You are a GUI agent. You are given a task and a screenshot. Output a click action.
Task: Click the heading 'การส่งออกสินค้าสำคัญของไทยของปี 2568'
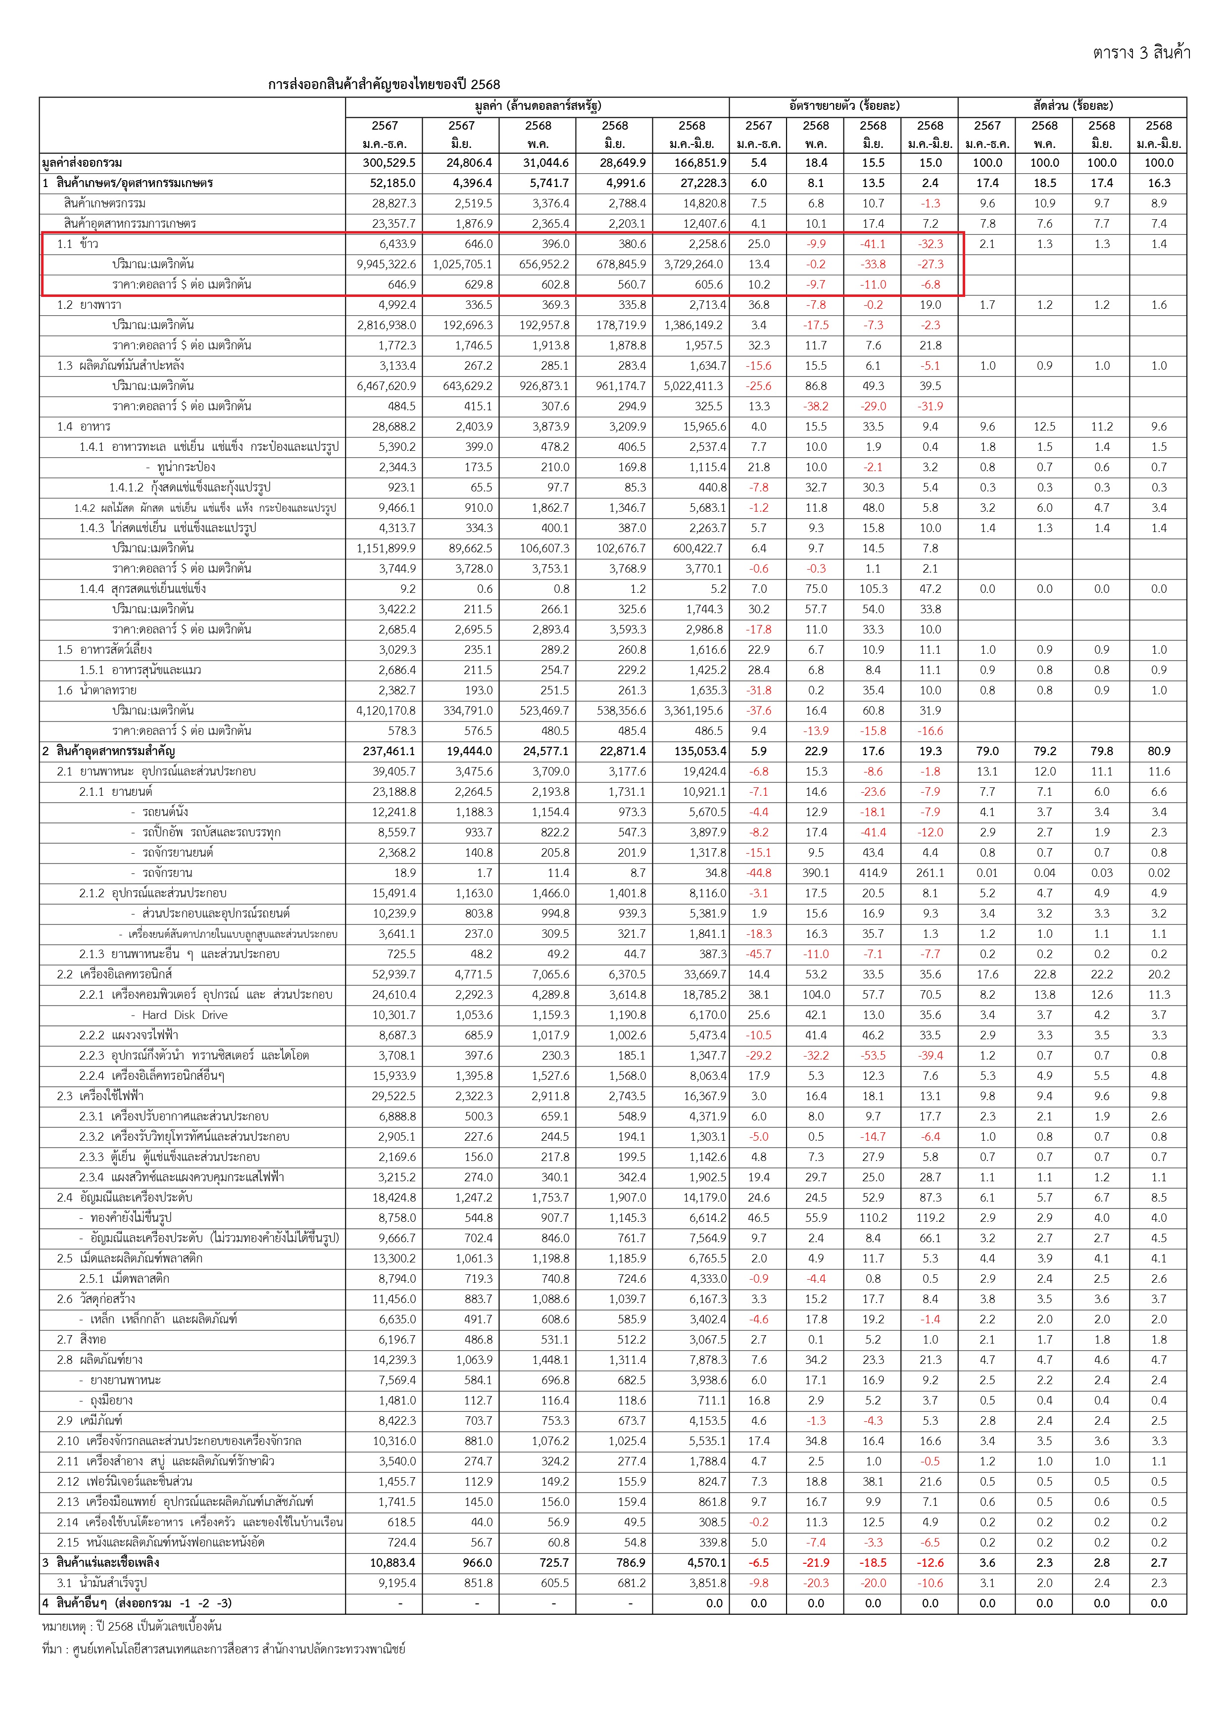coord(384,85)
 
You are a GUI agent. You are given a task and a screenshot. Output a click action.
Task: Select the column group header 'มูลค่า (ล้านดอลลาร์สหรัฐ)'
coord(538,106)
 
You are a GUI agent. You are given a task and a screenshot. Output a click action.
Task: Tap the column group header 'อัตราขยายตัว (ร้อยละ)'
coord(844,106)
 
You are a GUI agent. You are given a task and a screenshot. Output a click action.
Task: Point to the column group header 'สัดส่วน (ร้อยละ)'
coord(1072,106)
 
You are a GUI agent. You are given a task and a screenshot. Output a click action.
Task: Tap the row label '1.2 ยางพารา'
coord(89,305)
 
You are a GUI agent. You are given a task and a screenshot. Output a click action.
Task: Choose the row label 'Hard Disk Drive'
coord(185,1014)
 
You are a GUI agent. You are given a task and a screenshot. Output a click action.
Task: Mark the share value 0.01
coord(987,872)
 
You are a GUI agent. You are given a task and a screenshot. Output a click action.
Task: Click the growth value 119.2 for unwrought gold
coord(930,1218)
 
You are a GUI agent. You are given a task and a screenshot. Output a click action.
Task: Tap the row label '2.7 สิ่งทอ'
coord(82,1339)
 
